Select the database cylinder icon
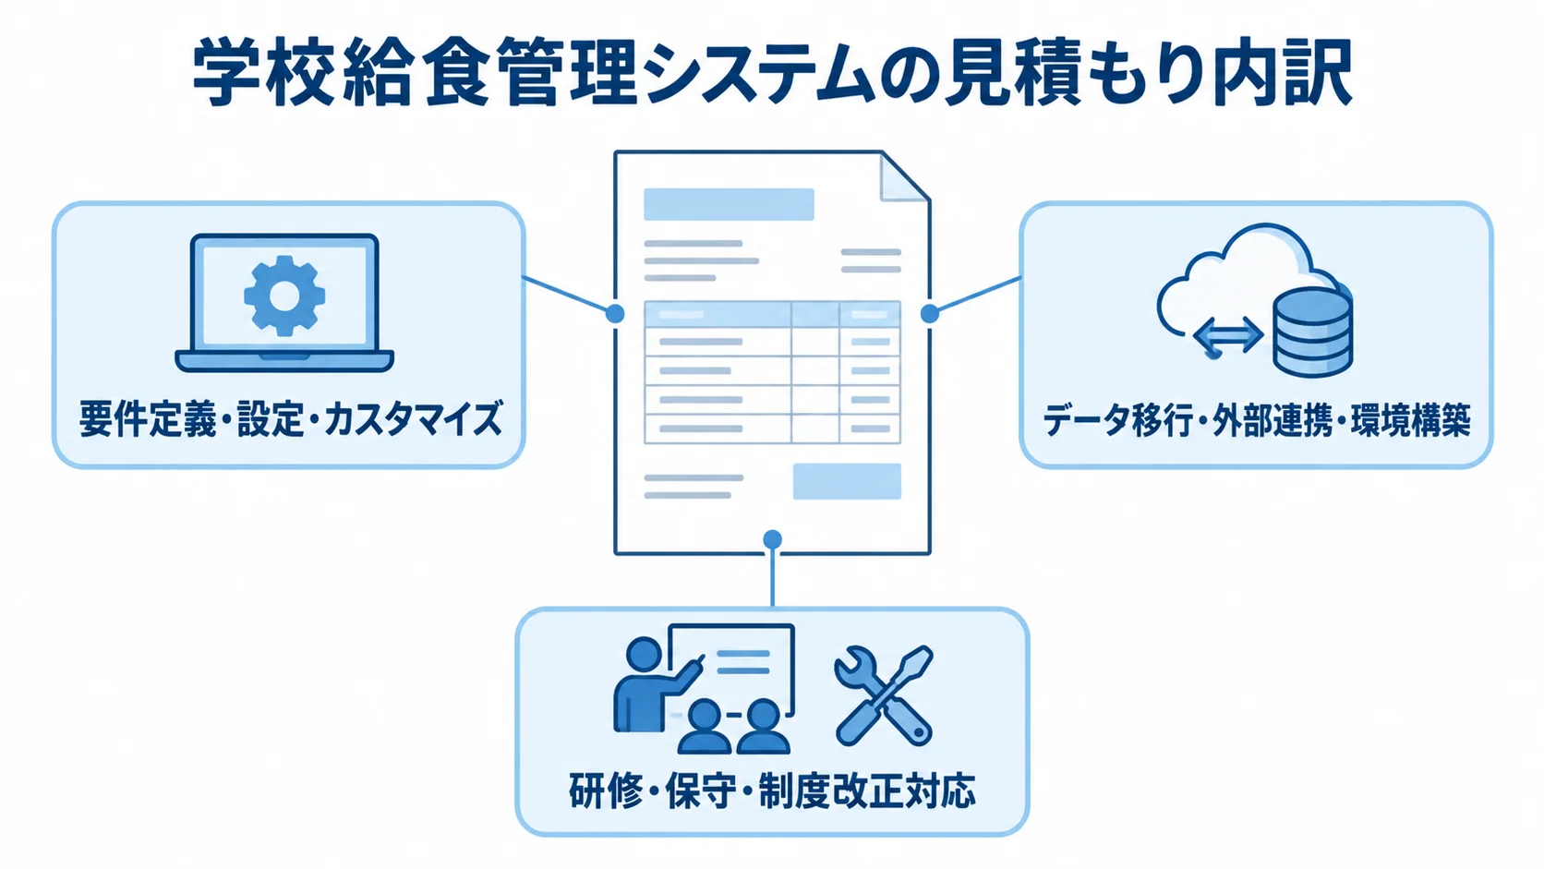[x=1312, y=332]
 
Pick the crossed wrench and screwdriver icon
[x=884, y=695]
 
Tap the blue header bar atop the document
[x=729, y=204]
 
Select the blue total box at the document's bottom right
[x=847, y=481]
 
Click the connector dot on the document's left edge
[x=615, y=314]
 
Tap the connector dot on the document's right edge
[x=930, y=314]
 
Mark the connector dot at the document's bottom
[x=773, y=539]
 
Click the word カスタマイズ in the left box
[x=412, y=419]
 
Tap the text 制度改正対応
[x=867, y=791]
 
